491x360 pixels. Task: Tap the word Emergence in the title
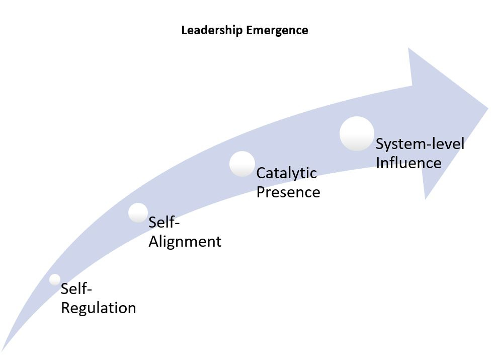pyautogui.click(x=277, y=30)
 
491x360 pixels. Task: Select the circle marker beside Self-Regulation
pyautogui.click(x=55, y=279)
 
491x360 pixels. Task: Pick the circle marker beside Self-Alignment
pyautogui.click(x=138, y=212)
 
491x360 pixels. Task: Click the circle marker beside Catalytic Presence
pyautogui.click(x=242, y=164)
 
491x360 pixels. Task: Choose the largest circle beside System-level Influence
pyautogui.click(x=357, y=133)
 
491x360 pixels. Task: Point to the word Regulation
pyautogui.click(x=98, y=308)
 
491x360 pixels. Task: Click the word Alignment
pyautogui.click(x=185, y=242)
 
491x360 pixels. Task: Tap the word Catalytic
pyautogui.click(x=286, y=173)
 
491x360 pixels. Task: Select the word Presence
pyautogui.click(x=288, y=192)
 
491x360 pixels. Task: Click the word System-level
pyautogui.click(x=420, y=144)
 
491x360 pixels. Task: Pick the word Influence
pyautogui.click(x=408, y=163)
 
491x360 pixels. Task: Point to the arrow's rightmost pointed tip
pyautogui.click(x=487, y=108)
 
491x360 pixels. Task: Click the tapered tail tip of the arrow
pyautogui.click(x=3, y=350)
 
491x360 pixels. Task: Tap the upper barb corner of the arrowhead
pyautogui.click(x=409, y=49)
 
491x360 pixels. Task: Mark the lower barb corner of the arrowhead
pyautogui.click(x=426, y=198)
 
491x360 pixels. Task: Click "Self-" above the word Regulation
pyautogui.click(x=77, y=289)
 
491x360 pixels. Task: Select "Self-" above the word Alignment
pyautogui.click(x=164, y=223)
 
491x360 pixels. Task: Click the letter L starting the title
pyautogui.click(x=184, y=30)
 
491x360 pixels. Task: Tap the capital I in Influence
pyautogui.click(x=378, y=163)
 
